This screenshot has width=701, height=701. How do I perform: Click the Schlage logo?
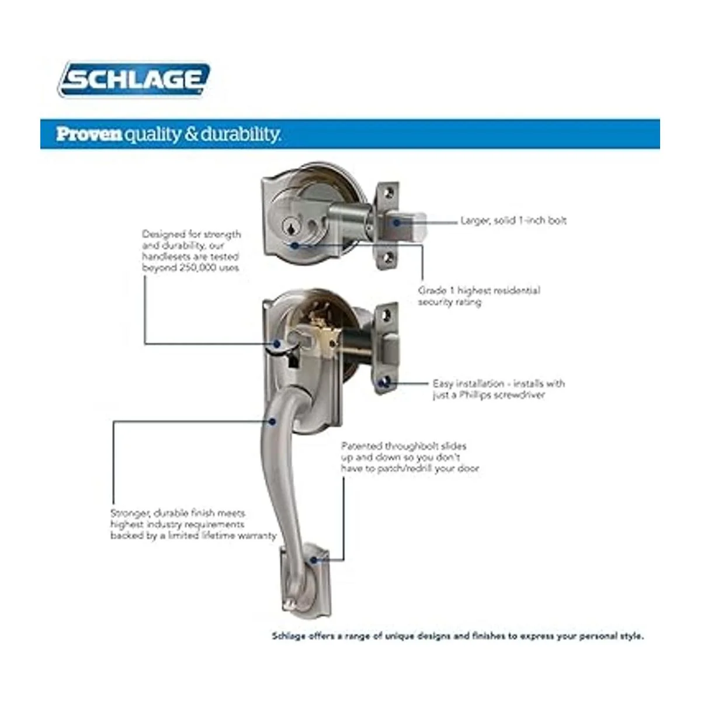click(134, 79)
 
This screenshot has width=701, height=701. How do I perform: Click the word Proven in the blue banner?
click(89, 134)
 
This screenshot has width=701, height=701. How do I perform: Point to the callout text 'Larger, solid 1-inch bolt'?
click(513, 220)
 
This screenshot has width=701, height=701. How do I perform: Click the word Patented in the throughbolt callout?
click(361, 446)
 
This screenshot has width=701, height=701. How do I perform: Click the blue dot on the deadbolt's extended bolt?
click(397, 222)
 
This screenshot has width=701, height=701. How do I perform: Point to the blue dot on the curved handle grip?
click(272, 421)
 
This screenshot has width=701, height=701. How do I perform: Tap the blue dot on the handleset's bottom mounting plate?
click(314, 560)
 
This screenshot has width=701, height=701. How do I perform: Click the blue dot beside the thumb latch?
click(277, 343)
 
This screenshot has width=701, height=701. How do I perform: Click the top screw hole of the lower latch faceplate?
click(387, 313)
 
